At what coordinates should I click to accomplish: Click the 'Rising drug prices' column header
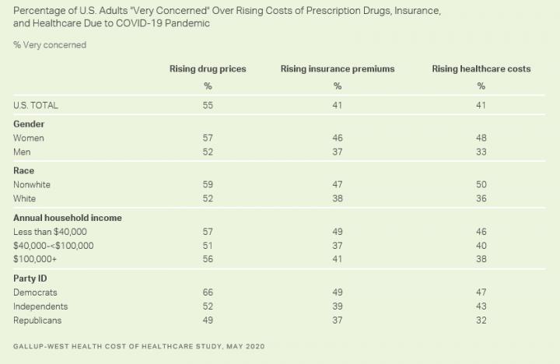coord(208,69)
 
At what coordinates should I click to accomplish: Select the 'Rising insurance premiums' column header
coord(338,69)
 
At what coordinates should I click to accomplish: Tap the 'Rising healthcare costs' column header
coord(481,69)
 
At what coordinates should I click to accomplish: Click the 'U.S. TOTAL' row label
coord(36,104)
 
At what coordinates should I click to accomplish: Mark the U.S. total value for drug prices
coord(208,104)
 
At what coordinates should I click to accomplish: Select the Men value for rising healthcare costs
coord(481,152)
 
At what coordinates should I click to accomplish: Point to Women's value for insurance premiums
coord(338,138)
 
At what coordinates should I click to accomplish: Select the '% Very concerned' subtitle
coord(50,45)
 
